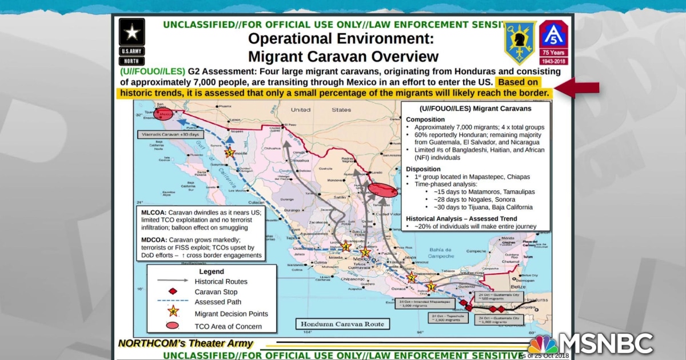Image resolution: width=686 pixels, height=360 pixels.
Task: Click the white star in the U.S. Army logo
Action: [131, 32]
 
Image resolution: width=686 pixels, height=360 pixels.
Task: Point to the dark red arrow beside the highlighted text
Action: [577, 87]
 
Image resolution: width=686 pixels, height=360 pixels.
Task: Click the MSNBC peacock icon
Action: [543, 344]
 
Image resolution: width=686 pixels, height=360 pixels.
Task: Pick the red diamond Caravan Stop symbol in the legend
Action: [173, 291]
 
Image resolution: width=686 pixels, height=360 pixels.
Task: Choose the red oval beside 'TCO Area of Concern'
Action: [173, 326]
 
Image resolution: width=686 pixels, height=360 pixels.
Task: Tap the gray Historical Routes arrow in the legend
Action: [173, 281]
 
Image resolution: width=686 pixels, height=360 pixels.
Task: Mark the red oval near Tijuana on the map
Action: [163, 114]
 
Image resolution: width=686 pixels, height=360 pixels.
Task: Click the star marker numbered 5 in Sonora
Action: [230, 153]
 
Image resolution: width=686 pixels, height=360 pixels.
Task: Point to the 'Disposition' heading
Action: [423, 169]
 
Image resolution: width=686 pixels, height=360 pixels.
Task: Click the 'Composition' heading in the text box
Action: [426, 119]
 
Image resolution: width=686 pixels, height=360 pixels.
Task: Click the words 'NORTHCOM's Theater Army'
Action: [185, 344]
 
